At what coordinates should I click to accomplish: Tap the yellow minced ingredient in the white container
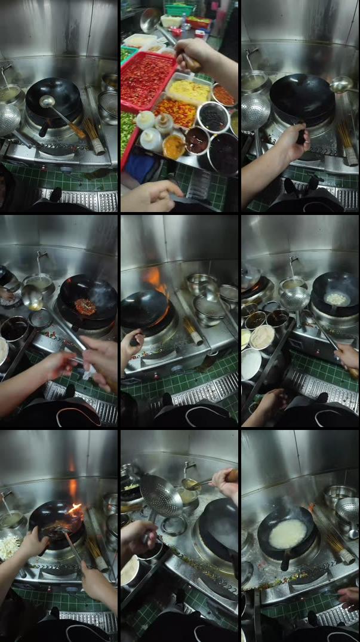pyautogui.click(x=189, y=91)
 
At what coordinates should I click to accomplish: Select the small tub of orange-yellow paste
pyautogui.click(x=174, y=146)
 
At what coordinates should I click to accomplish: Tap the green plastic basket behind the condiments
pyautogui.click(x=180, y=10)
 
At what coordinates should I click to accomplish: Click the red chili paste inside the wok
pyautogui.click(x=85, y=306)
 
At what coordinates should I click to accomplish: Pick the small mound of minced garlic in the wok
pyautogui.click(x=336, y=298)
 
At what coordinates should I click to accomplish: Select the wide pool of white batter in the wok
pyautogui.click(x=287, y=533)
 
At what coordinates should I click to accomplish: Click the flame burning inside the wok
pyautogui.click(x=73, y=509)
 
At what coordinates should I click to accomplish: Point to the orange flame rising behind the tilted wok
pyautogui.click(x=154, y=279)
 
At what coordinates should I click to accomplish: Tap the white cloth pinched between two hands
pyautogui.click(x=90, y=374)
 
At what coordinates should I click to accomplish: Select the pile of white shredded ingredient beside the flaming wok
pyautogui.click(x=8, y=546)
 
